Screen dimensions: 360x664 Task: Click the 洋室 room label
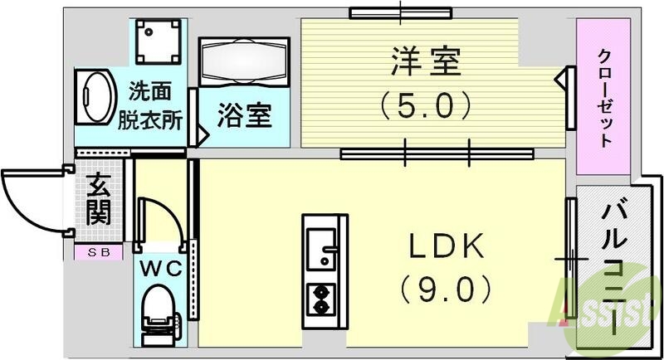(426, 61)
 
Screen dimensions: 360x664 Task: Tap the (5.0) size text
(426, 105)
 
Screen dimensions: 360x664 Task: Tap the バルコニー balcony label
(619, 257)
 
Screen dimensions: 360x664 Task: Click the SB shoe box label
(99, 252)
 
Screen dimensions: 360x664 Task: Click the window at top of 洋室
(400, 12)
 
